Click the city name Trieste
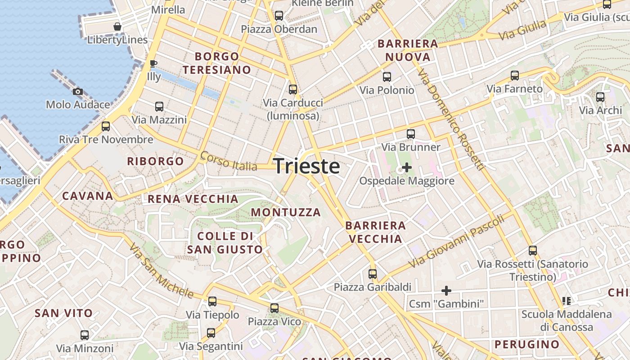[x=306, y=166]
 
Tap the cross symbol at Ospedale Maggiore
[x=407, y=168]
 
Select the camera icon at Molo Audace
[x=78, y=92]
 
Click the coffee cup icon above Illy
[x=153, y=63]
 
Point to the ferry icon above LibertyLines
[x=117, y=27]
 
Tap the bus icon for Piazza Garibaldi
[x=373, y=274]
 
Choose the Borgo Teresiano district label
[x=216, y=63]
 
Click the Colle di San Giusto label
[x=225, y=243]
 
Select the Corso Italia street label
[x=229, y=161]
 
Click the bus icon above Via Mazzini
[x=159, y=107]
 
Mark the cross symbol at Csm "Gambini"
[x=446, y=291]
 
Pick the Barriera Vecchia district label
[x=375, y=232]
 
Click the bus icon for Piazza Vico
[x=274, y=308]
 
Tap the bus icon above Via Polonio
[x=387, y=77]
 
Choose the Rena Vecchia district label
[x=193, y=199]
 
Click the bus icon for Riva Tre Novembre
[x=106, y=126]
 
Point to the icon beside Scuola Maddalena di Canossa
[x=567, y=301]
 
